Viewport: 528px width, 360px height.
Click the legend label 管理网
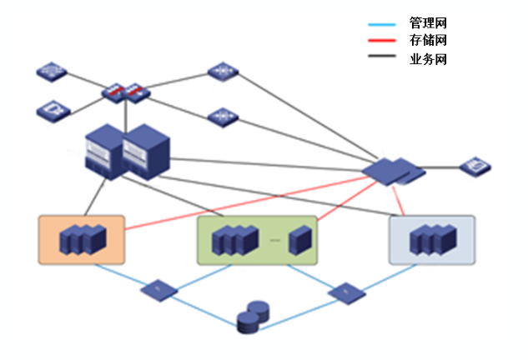click(427, 22)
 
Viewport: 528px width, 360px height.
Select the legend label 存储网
click(427, 40)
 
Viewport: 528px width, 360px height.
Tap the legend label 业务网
click(427, 59)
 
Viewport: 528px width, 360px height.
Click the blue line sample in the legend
click(385, 22)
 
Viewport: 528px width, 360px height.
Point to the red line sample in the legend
click(385, 41)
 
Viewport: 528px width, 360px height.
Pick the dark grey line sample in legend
click(385, 59)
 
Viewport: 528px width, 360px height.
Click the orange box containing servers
click(81, 240)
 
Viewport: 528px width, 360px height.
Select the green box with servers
click(257, 241)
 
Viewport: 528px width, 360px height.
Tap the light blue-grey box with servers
click(431, 240)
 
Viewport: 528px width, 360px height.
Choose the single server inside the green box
click(299, 241)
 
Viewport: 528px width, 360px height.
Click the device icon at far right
click(475, 167)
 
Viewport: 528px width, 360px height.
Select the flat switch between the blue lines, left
click(158, 290)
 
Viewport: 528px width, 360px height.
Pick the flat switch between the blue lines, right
click(345, 292)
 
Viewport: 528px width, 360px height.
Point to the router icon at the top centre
click(223, 72)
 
